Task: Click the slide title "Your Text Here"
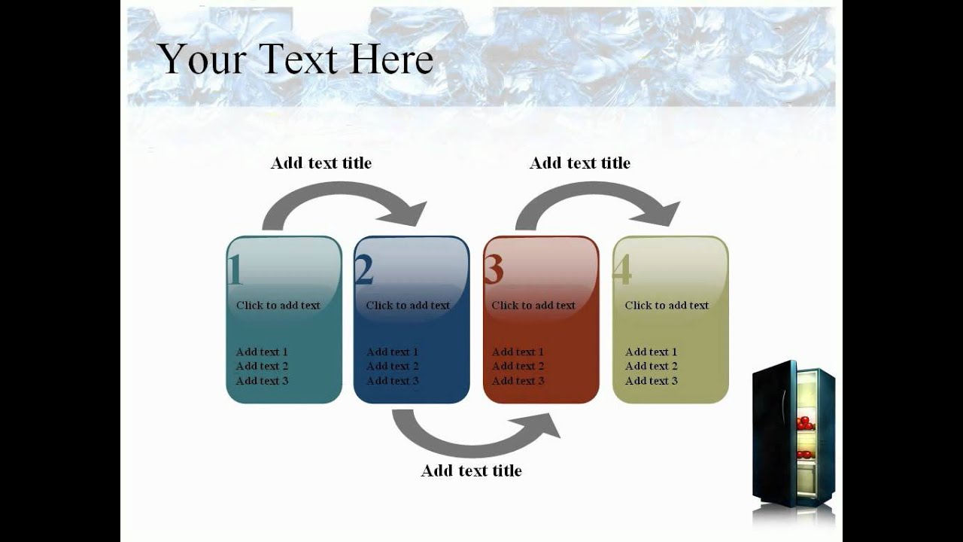click(295, 59)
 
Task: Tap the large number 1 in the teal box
click(235, 271)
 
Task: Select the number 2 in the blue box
click(364, 271)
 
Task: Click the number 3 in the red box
click(494, 271)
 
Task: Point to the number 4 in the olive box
click(622, 271)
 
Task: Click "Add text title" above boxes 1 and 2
click(321, 163)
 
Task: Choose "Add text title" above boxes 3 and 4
click(580, 163)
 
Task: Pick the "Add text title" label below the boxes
click(471, 470)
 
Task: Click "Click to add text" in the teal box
click(278, 305)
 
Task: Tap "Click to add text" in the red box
click(533, 305)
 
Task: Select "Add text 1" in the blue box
click(393, 352)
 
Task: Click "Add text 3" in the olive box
click(652, 381)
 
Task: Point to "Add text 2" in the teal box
click(263, 366)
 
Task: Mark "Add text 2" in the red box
click(518, 366)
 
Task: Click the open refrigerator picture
click(793, 437)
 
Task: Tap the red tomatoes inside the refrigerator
click(805, 423)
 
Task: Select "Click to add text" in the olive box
click(667, 305)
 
